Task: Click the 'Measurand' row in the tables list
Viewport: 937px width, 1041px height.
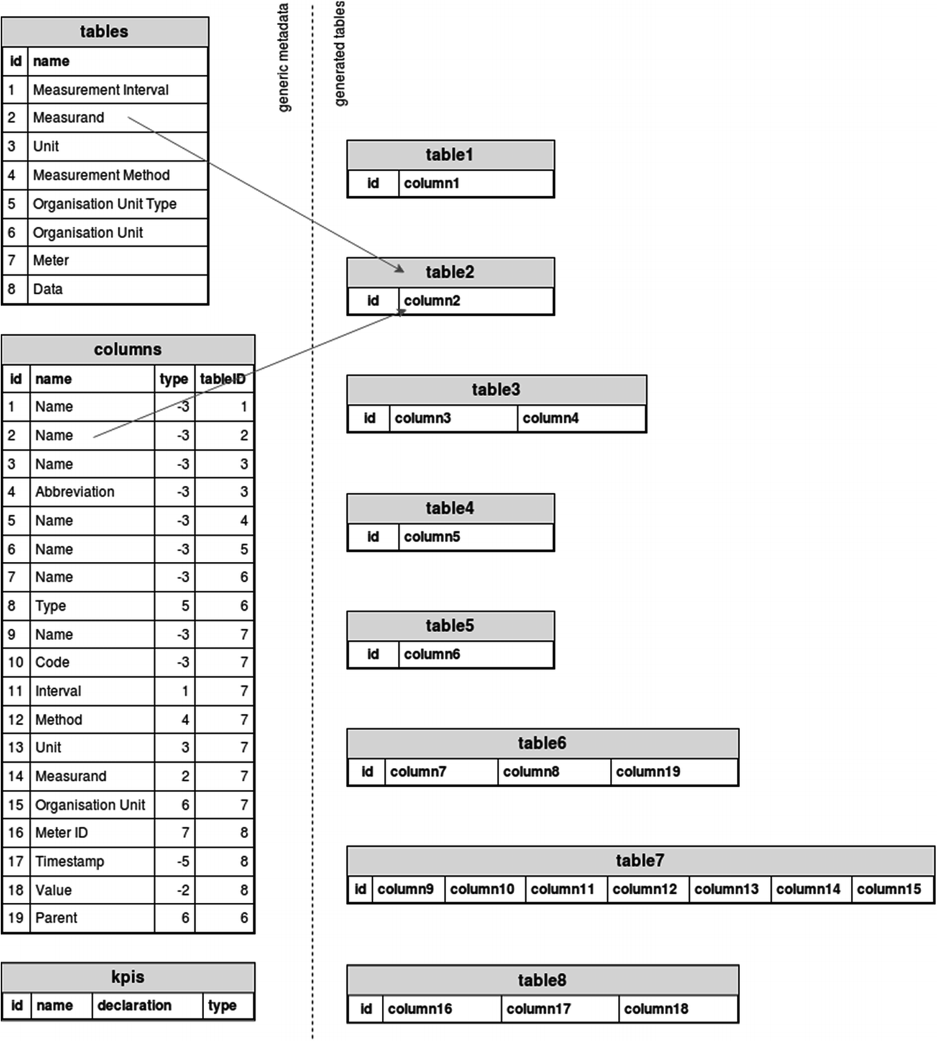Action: (x=69, y=118)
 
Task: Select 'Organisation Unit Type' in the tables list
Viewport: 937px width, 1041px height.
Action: (x=104, y=204)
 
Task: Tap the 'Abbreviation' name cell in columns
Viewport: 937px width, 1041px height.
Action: (x=75, y=492)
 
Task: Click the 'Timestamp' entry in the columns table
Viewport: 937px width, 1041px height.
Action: (x=69, y=861)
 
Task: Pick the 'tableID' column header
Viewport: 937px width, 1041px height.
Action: (x=223, y=379)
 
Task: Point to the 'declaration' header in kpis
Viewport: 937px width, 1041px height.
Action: (x=134, y=1005)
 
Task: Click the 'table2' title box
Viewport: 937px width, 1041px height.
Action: (x=450, y=272)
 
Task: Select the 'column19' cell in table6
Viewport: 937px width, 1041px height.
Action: (x=648, y=771)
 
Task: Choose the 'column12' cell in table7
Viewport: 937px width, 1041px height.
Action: (x=645, y=889)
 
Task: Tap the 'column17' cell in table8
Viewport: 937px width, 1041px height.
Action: (x=539, y=1009)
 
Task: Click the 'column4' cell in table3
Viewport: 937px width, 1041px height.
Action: (x=550, y=418)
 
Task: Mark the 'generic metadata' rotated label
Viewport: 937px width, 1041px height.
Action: (x=283, y=58)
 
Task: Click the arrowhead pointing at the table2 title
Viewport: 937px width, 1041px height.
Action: (x=399, y=268)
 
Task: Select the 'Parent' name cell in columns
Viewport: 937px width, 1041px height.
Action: (x=56, y=918)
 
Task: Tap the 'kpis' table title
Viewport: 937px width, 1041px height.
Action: (x=128, y=977)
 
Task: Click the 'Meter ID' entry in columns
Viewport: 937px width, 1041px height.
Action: (x=61, y=833)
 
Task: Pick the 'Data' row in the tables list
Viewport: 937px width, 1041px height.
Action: (x=48, y=289)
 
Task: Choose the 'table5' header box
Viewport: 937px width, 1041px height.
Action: (x=450, y=625)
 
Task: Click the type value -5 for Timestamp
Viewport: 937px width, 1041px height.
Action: (x=182, y=861)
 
